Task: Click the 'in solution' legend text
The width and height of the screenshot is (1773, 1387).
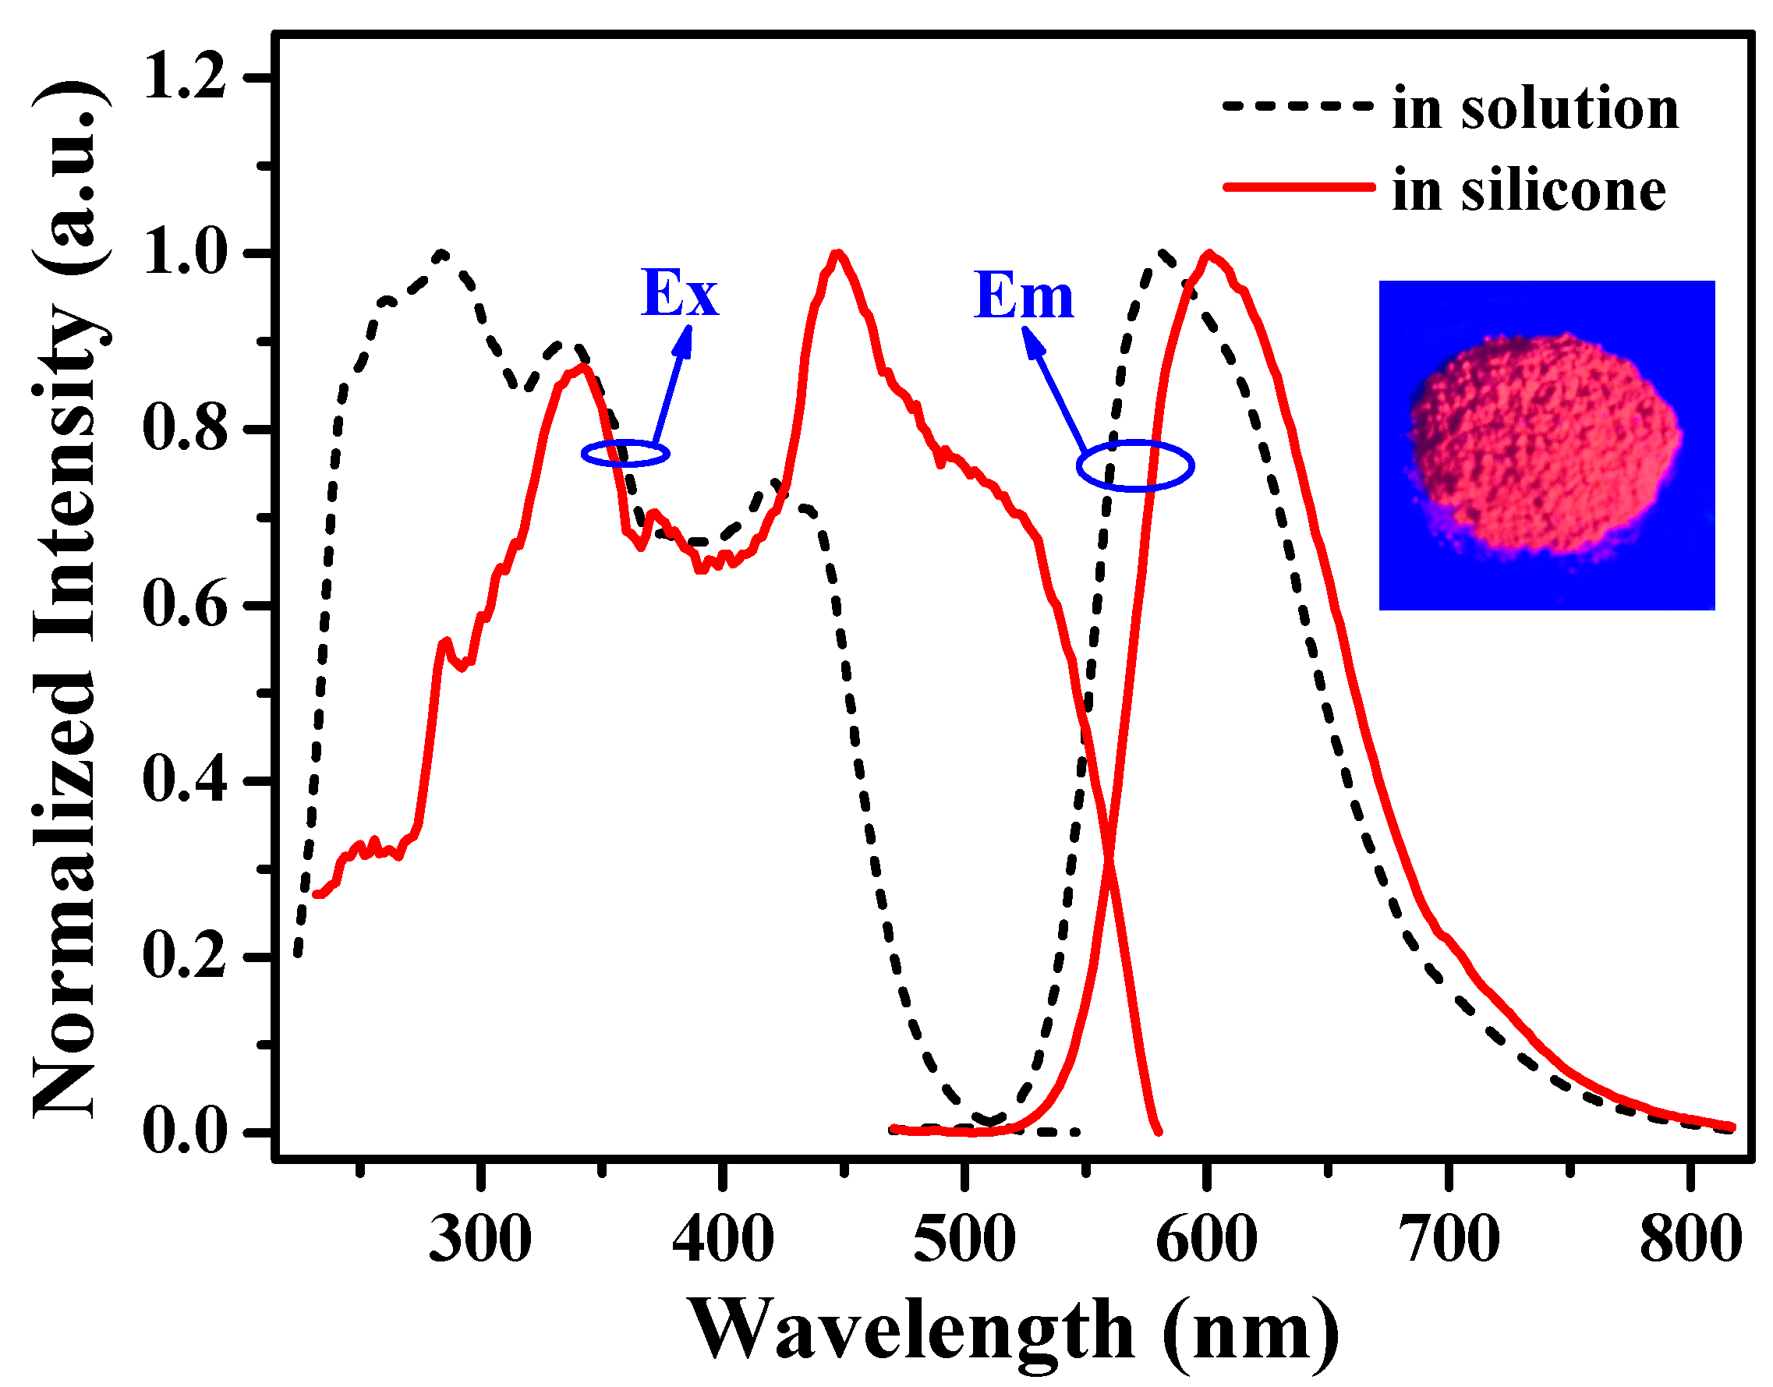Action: [x=1534, y=109]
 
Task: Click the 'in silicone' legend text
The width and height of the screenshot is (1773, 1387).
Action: [x=1528, y=192]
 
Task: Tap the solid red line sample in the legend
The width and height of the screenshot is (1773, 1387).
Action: [x=1297, y=187]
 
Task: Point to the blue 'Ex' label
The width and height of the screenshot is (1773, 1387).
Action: [x=679, y=294]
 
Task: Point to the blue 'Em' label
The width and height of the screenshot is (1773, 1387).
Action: [x=1024, y=296]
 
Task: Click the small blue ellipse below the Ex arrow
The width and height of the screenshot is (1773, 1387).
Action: [x=625, y=453]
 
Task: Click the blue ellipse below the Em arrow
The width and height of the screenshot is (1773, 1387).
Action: [x=1134, y=466]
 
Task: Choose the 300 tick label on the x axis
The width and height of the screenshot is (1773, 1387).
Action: [x=480, y=1240]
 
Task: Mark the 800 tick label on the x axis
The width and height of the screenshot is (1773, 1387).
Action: [x=1690, y=1240]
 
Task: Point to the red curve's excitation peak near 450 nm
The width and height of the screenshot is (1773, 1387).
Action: [x=838, y=253]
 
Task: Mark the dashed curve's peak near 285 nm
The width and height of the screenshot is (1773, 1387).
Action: [x=442, y=254]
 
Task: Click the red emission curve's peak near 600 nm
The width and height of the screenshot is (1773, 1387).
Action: [x=1210, y=253]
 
